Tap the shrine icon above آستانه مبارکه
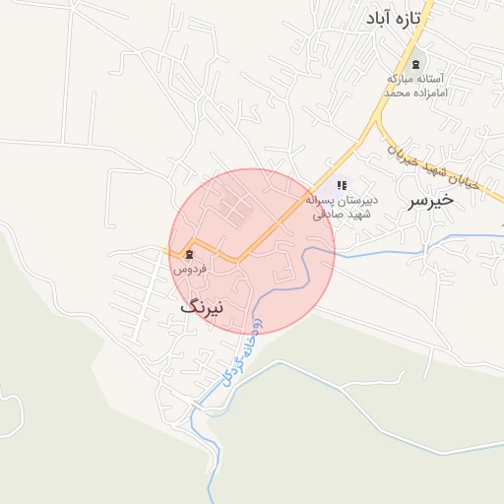tap(414, 63)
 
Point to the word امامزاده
tap(429, 93)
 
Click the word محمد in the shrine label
tap(396, 93)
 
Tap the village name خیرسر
tap(430, 200)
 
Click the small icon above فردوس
tap(189, 254)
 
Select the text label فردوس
tap(188, 268)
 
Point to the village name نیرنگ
tap(202, 306)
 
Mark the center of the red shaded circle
tap(253, 251)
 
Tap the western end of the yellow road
tap(164, 250)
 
